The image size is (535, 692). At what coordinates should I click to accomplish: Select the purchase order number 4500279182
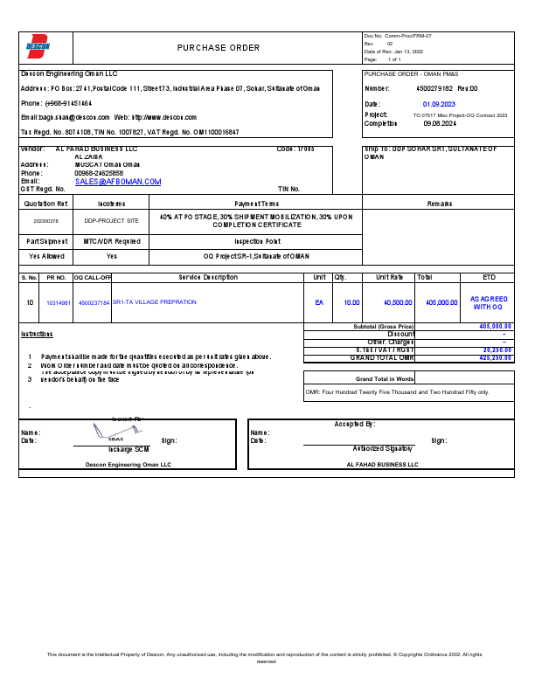tap(434, 89)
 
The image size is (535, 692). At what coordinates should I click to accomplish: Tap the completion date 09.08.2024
tap(440, 124)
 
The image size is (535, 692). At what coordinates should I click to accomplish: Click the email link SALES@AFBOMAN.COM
tap(118, 182)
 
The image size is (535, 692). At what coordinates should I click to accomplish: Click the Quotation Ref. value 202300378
tap(45, 222)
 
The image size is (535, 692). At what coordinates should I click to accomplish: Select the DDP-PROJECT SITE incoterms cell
tap(111, 222)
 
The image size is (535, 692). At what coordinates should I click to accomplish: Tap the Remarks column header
tap(439, 203)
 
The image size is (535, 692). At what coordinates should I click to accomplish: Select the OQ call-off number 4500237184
tap(94, 302)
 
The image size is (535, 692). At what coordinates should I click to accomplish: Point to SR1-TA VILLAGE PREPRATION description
tap(155, 302)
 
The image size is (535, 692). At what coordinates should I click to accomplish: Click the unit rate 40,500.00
tap(398, 302)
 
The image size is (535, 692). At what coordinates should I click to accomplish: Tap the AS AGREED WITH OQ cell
tap(489, 303)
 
